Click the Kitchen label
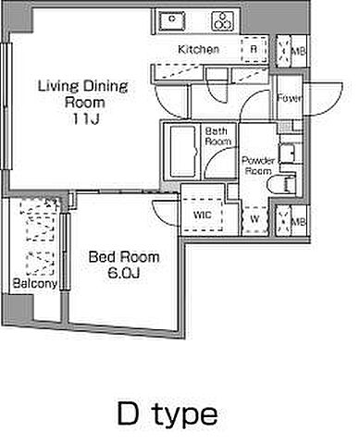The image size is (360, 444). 199,49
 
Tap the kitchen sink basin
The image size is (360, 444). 172,20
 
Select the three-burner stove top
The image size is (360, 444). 222,20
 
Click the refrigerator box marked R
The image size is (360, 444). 254,49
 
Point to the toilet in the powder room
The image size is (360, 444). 282,185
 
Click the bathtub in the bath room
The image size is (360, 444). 182,152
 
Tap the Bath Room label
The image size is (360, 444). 218,136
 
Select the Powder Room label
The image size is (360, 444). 258,166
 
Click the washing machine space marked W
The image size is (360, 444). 254,219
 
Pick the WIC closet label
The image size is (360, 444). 203,215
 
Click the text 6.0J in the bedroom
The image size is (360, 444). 124,273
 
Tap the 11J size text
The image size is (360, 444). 86,118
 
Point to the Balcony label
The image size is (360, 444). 35,283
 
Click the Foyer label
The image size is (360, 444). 289,98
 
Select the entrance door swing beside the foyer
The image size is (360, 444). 324,99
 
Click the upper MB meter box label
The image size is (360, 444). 299,51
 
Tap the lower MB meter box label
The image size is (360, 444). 299,221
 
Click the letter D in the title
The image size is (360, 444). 129,413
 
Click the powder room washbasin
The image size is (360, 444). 287,153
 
